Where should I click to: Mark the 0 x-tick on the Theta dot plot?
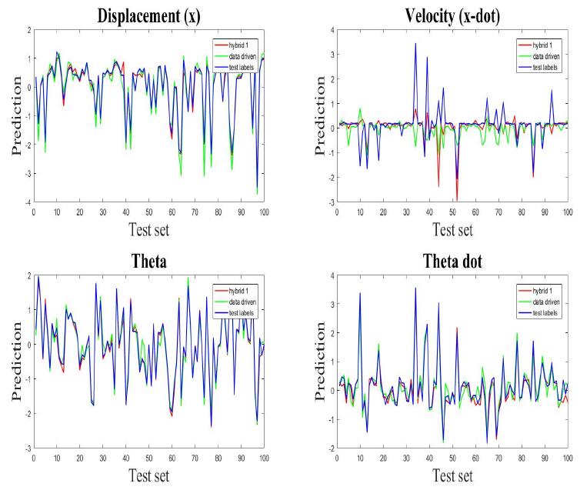[x=338, y=457]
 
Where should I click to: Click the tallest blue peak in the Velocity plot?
[x=415, y=44]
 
